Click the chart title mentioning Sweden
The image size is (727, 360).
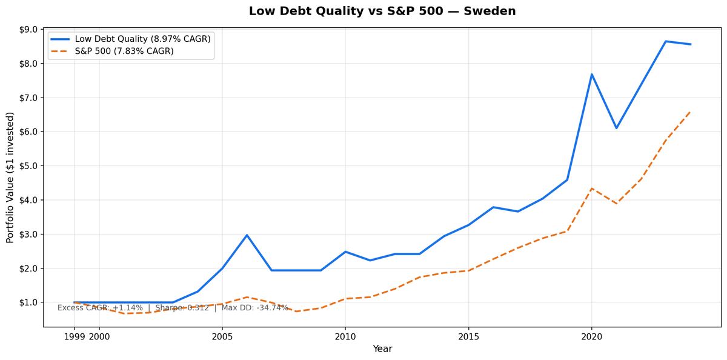(x=382, y=12)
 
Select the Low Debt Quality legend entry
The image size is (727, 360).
(x=142, y=39)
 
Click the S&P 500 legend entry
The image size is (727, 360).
(x=124, y=52)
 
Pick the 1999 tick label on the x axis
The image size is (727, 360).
(x=75, y=336)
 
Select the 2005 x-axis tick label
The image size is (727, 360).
(x=222, y=336)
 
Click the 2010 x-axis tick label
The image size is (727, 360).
(x=345, y=336)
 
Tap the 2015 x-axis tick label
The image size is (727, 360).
(x=468, y=336)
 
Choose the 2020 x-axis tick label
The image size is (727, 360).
(x=592, y=336)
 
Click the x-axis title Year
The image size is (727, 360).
(x=382, y=349)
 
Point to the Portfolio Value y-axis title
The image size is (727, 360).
(x=10, y=178)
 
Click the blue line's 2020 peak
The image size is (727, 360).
(x=592, y=75)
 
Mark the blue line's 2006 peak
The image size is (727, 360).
(x=247, y=235)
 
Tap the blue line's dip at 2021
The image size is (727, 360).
(x=616, y=128)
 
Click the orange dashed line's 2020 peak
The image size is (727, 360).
(x=592, y=188)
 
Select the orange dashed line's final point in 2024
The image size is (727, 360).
(x=690, y=112)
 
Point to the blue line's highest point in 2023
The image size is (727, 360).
(x=666, y=41)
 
